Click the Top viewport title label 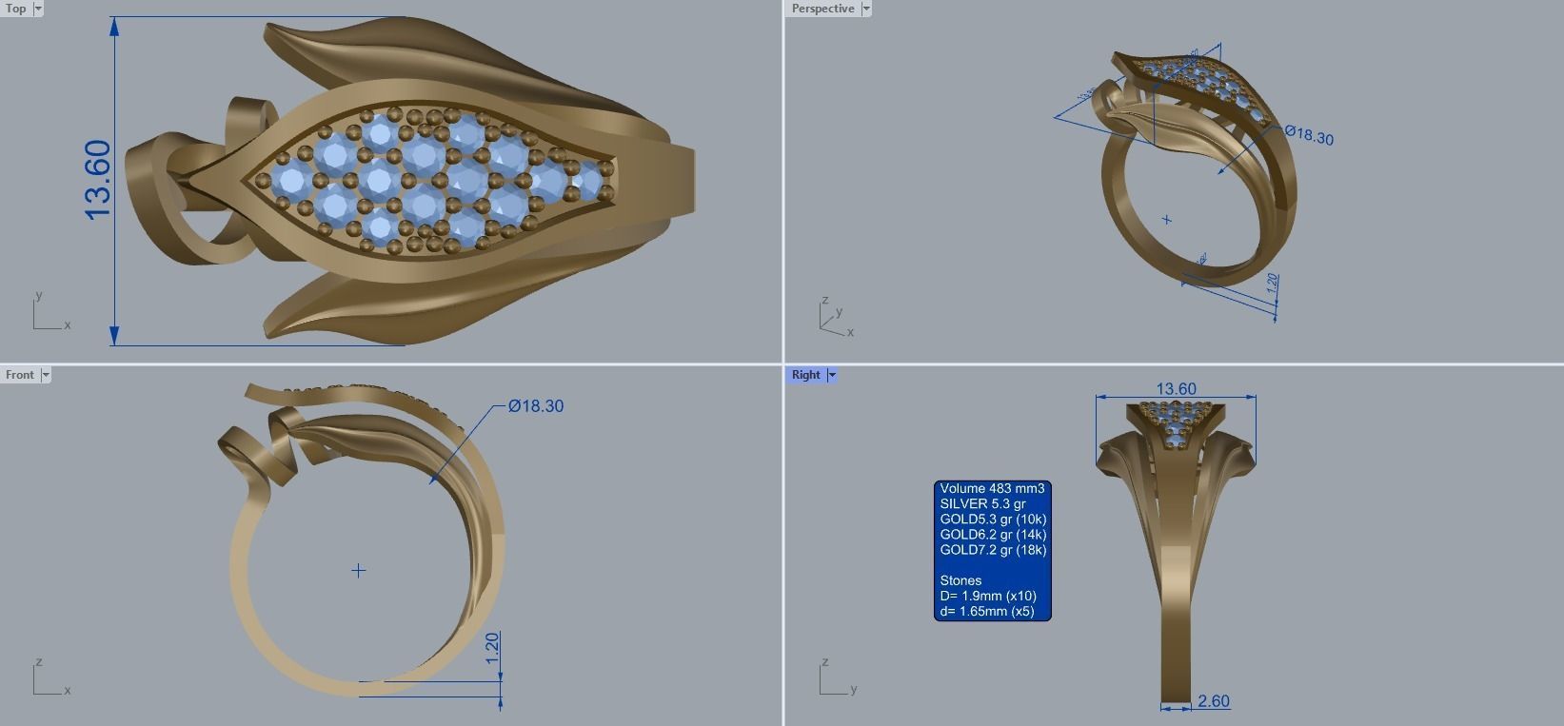tap(16, 9)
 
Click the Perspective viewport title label tap(822, 9)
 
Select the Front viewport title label tap(19, 375)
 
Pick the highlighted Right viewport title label tap(805, 375)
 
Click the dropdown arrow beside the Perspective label tap(866, 9)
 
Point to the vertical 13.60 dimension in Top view tap(98, 180)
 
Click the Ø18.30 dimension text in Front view tap(536, 406)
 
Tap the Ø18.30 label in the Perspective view tap(1309, 135)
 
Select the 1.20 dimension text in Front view tap(492, 648)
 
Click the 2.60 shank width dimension tap(1214, 701)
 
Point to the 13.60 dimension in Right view tap(1176, 389)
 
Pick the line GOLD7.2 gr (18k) tap(993, 550)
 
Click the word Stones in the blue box tap(960, 580)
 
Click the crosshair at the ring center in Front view tap(358, 571)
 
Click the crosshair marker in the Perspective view tap(1167, 220)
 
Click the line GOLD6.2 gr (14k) tap(993, 535)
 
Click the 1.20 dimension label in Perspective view tap(1273, 284)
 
